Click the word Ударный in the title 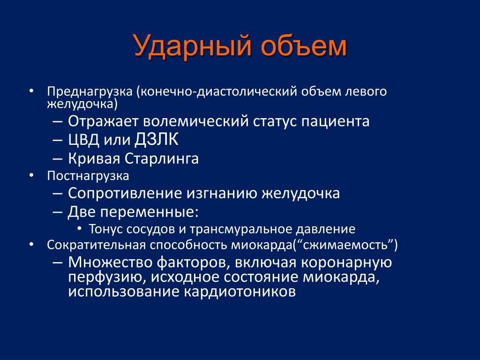click(193, 46)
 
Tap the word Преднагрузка click(90, 91)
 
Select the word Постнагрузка click(88, 176)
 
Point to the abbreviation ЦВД click(83, 140)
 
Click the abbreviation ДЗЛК click(157, 140)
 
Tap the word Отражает click(103, 121)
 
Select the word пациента click(335, 121)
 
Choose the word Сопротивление click(125, 194)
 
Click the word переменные click(150, 212)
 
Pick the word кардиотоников click(240, 292)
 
